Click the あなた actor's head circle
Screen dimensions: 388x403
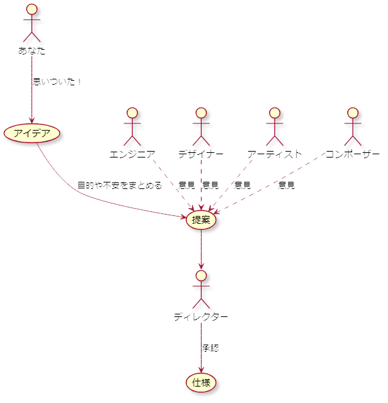(32, 9)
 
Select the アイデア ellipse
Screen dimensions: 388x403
(32, 133)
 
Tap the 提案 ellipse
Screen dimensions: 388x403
(201, 220)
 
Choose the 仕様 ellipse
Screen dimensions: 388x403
(201, 383)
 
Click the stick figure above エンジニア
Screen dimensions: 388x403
(132, 127)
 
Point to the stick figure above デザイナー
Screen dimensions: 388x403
(201, 127)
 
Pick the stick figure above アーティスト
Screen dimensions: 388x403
(274, 127)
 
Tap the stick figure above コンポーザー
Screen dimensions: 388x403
(353, 127)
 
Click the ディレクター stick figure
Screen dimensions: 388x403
(201, 289)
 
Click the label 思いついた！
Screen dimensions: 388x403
(57, 82)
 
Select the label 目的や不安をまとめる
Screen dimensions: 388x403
(120, 185)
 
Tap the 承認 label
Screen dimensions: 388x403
(210, 349)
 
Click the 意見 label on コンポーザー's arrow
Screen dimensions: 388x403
(286, 185)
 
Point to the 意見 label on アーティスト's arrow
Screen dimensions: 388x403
(242, 185)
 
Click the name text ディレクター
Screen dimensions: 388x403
(201, 317)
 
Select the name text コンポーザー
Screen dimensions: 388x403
(353, 154)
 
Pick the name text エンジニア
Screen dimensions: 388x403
(133, 154)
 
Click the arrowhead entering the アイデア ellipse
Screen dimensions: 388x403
(32, 121)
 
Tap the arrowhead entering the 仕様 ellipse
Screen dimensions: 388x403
(201, 370)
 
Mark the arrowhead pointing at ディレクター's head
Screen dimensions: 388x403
(201, 266)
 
